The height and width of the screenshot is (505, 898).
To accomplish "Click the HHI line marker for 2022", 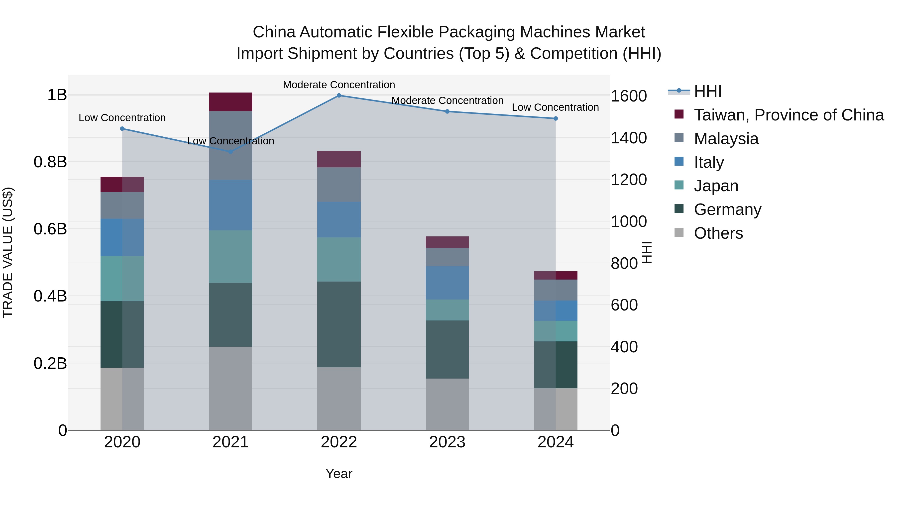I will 339,96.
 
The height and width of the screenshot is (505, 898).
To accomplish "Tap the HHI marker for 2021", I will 230,152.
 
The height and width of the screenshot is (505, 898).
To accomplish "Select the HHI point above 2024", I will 556,118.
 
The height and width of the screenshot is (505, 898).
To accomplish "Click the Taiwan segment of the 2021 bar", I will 230,102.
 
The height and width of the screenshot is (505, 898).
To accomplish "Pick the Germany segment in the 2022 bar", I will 339,324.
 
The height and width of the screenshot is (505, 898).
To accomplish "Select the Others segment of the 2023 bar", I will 447,404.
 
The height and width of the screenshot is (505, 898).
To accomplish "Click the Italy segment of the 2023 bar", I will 447,283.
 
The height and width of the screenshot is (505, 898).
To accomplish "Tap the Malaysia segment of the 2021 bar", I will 230,145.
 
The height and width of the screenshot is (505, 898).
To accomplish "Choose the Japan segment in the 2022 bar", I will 339,259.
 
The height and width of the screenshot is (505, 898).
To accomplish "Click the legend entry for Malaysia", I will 726,139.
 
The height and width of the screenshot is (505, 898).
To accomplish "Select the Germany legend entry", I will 727,209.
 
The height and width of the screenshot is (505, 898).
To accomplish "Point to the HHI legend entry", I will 707,91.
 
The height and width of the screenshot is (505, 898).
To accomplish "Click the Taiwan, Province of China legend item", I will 788,115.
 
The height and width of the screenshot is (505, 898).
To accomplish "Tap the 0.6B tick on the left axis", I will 50,229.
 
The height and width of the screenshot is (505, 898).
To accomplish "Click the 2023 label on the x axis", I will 447,442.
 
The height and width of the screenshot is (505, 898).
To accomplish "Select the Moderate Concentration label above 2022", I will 339,85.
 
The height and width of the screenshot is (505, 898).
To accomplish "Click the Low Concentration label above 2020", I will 122,118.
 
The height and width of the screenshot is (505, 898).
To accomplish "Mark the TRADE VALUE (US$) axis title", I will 8,252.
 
